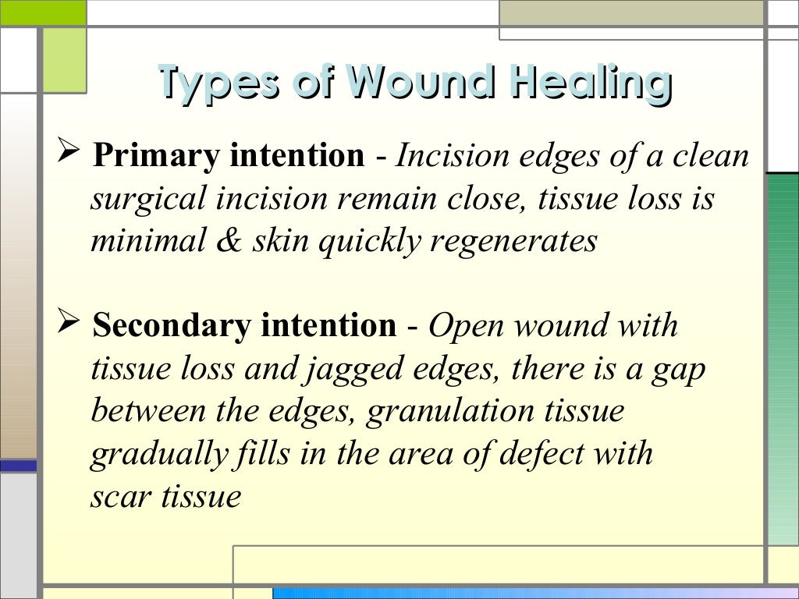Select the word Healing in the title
(591, 83)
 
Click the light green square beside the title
(63, 59)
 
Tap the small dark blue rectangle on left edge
(18, 466)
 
